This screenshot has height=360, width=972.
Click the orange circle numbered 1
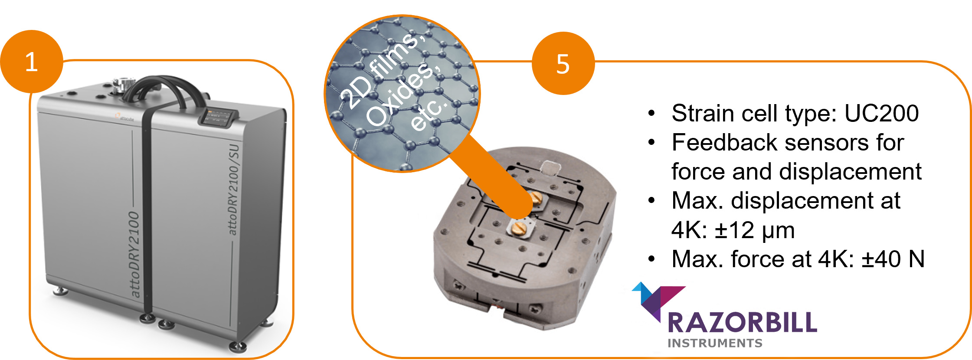pyautogui.click(x=32, y=61)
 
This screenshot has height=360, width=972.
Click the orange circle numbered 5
pyautogui.click(x=563, y=63)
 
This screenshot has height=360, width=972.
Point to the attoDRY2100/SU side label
pyautogui.click(x=233, y=190)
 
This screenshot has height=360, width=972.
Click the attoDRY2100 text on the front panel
pyautogui.click(x=134, y=255)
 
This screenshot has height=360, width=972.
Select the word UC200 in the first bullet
pyautogui.click(x=881, y=113)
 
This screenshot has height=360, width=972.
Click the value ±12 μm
pyautogui.click(x=755, y=230)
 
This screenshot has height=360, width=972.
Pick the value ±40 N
pyautogui.click(x=893, y=259)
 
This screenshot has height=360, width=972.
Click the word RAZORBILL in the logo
pyautogui.click(x=743, y=323)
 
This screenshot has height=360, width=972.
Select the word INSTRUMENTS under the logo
pyautogui.click(x=715, y=343)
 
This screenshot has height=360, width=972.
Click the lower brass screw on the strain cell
pyautogui.click(x=518, y=228)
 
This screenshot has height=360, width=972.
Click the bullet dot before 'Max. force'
pyautogui.click(x=651, y=259)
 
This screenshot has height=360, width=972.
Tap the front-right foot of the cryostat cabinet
pyautogui.click(x=238, y=346)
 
